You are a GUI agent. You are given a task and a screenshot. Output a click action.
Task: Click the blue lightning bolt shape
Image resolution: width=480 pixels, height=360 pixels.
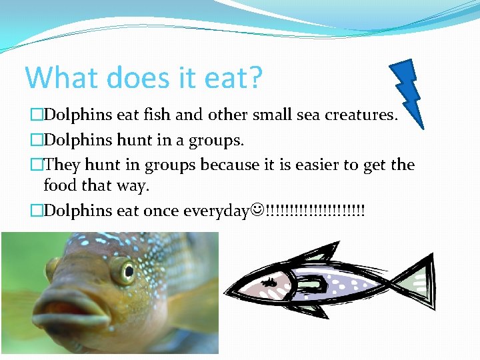click(408, 90)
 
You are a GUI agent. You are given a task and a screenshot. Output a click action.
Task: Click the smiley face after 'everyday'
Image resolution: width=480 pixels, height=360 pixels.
click(258, 211)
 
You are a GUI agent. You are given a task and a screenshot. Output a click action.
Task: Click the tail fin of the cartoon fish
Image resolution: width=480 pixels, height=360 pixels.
click(416, 283)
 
